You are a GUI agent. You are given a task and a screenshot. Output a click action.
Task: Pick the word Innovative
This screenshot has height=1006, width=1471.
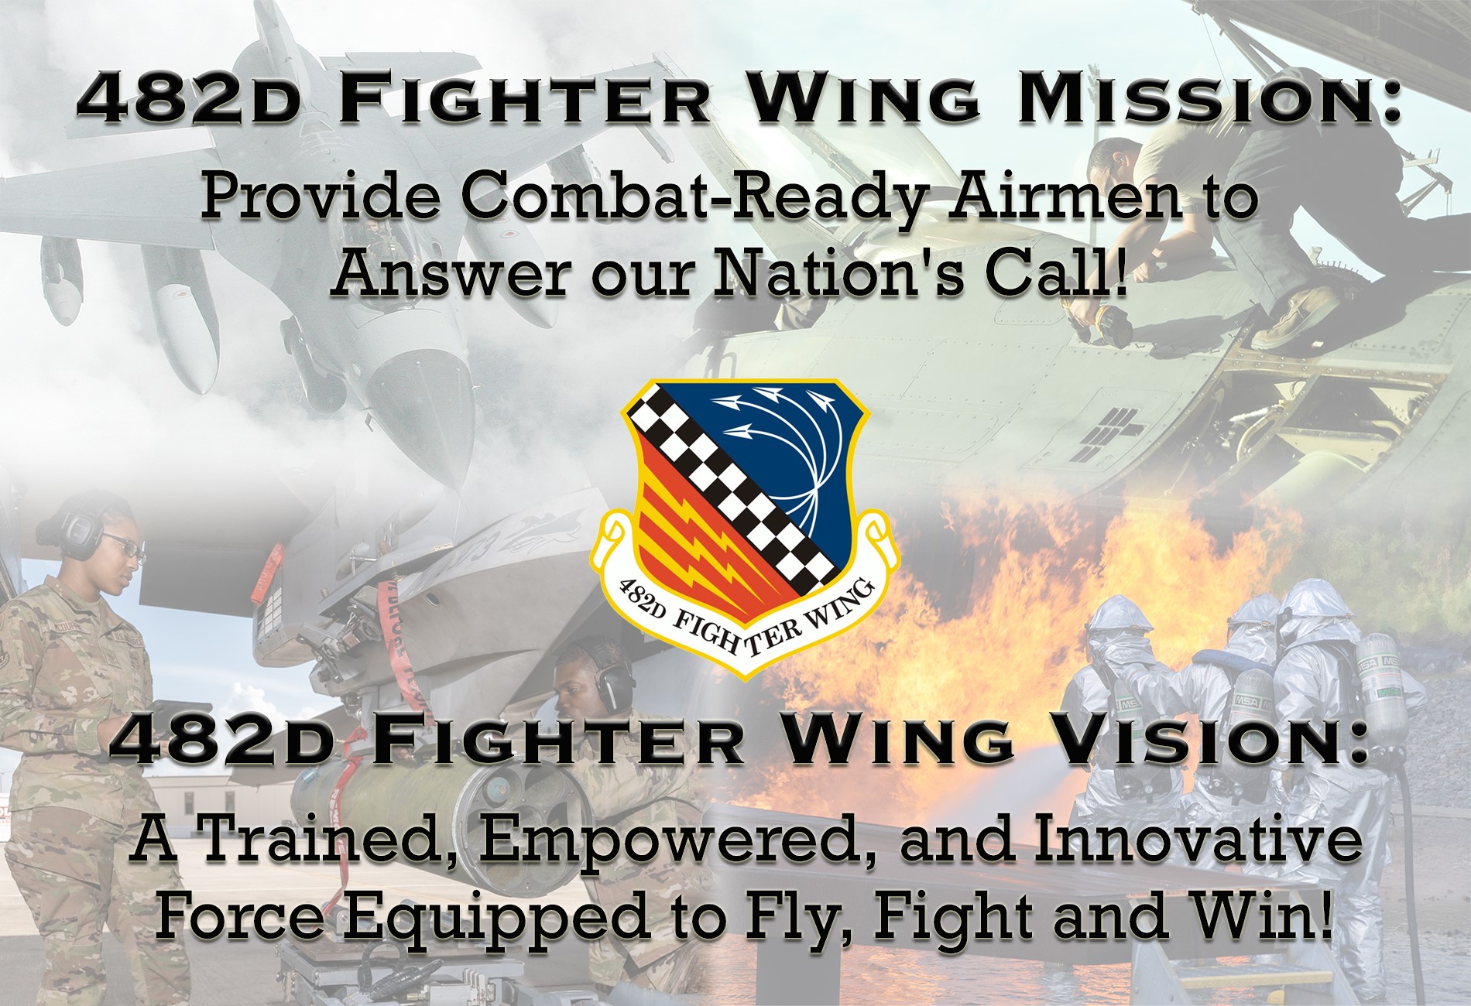(1195, 839)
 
